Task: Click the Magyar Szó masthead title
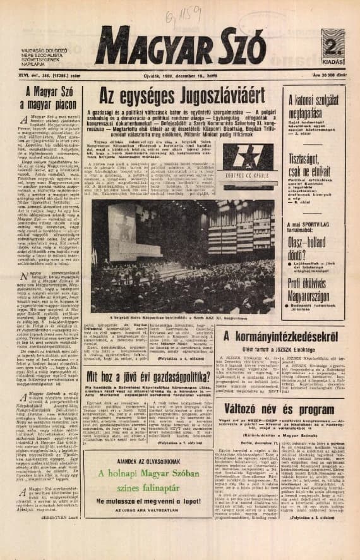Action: click(172, 48)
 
